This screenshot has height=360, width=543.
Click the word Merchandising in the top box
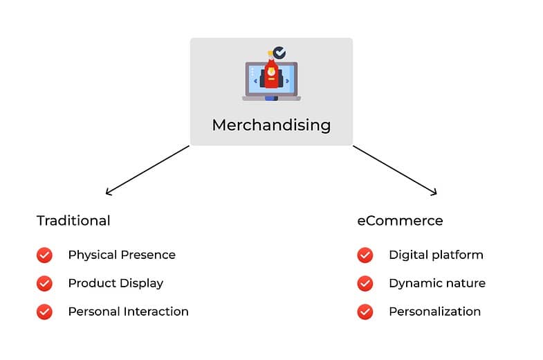tap(271, 125)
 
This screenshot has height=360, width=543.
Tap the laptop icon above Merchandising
tap(270, 80)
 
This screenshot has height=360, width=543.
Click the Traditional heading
tap(73, 221)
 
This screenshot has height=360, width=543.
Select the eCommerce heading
tap(400, 221)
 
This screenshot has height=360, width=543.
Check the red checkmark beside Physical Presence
tap(44, 255)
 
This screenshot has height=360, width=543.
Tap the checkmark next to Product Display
tap(44, 283)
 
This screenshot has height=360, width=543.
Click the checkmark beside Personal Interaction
tap(44, 312)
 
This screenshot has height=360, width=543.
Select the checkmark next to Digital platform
tap(365, 255)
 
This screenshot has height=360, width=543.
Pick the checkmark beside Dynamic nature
tap(365, 283)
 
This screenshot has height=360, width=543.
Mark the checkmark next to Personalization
tap(365, 312)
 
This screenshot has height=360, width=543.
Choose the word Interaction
tap(156, 312)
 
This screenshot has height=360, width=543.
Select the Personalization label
tap(434, 312)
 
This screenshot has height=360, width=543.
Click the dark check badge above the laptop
tap(279, 53)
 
